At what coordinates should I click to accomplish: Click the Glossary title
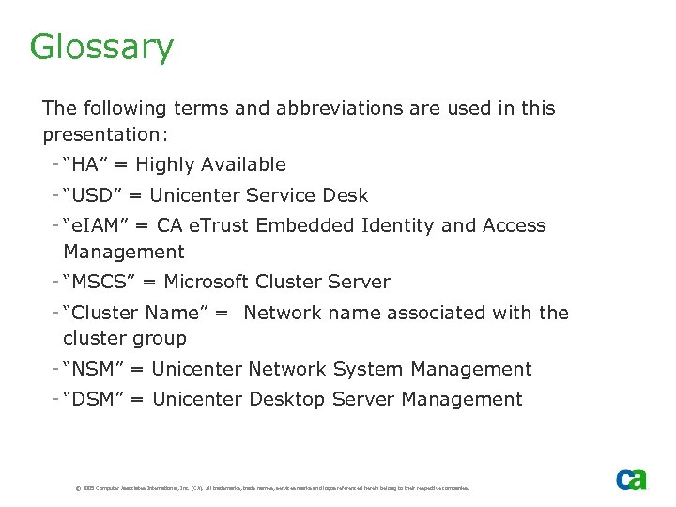point(101,47)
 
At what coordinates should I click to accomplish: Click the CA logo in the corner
point(631,479)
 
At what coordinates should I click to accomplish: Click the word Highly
point(165,166)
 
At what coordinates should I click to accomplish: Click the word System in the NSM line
point(368,370)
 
